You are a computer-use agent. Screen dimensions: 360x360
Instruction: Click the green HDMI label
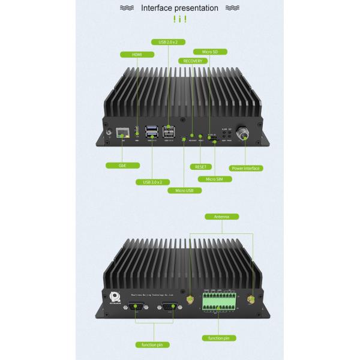(137, 55)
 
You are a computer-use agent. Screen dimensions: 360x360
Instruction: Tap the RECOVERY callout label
(193, 61)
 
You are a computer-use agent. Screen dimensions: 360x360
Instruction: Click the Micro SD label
(210, 52)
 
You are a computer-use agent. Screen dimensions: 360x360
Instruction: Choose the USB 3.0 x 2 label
(152, 181)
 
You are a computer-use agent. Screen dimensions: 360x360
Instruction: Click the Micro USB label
(184, 190)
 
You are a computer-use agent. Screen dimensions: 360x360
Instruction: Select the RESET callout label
(200, 166)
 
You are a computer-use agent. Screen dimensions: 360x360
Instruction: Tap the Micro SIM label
(215, 179)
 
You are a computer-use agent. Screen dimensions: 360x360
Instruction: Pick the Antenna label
(221, 216)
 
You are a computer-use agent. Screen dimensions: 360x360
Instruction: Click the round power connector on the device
(245, 133)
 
